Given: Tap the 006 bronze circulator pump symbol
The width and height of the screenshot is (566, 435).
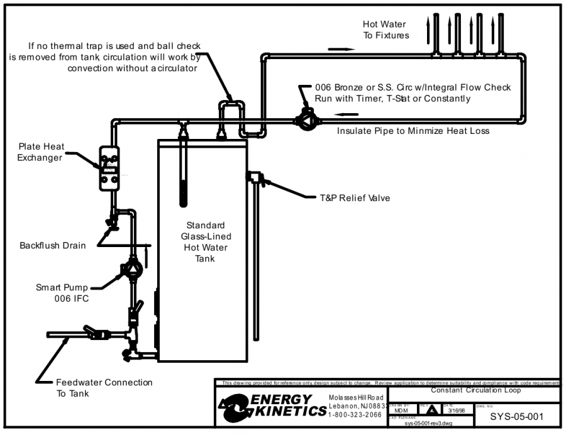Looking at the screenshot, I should [306, 119].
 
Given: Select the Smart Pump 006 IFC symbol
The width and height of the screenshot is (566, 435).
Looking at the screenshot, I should [133, 269].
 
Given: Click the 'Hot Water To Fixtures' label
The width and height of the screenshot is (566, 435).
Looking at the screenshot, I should [386, 30].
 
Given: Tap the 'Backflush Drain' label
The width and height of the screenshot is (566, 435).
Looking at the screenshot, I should [52, 245].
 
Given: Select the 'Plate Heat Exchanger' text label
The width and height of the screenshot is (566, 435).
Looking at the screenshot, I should [40, 152].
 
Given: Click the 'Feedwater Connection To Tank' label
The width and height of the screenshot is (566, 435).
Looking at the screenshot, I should [104, 388].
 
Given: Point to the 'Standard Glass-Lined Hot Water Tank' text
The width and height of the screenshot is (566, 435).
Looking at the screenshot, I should [205, 242].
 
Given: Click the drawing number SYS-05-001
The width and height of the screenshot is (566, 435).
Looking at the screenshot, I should [516, 416].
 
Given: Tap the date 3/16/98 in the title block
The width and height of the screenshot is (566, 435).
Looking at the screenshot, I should [458, 410].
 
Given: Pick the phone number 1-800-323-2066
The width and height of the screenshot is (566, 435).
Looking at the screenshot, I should [355, 415].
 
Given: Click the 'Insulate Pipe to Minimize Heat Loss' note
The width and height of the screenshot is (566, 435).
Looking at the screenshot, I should [413, 131].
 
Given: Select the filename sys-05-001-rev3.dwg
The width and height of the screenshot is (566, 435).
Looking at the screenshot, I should [428, 423].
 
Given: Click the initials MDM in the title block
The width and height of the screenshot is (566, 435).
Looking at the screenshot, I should [401, 410].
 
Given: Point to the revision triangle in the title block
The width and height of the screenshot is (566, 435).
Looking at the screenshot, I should [431, 410].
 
